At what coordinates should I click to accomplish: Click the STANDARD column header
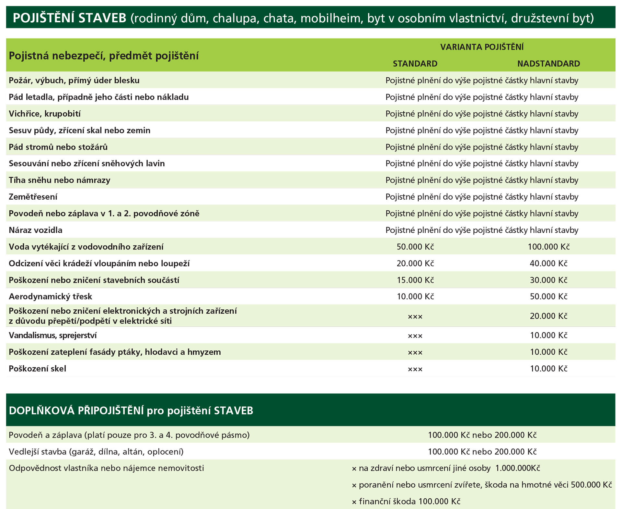pos(415,63)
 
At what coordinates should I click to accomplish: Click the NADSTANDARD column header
pos(548,63)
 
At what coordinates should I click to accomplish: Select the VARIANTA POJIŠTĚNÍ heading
pos(482,47)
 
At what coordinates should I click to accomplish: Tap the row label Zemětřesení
pos(33,197)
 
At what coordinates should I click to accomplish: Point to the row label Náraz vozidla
pos(36,230)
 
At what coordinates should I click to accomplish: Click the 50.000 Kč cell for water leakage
pos(415,247)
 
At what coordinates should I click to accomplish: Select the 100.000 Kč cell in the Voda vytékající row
pos(548,247)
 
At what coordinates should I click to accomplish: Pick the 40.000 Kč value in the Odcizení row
pos(548,263)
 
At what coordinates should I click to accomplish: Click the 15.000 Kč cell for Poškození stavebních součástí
pos(415,280)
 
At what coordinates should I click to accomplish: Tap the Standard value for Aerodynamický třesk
pos(415,296)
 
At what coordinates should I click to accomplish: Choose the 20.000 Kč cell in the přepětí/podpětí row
pos(548,316)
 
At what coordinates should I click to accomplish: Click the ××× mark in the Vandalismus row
pos(415,336)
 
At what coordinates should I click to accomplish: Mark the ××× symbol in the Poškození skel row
pos(415,369)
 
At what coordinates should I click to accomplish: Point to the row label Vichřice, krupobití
pos(45,114)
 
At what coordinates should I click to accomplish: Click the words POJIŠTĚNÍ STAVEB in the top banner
pos(69,18)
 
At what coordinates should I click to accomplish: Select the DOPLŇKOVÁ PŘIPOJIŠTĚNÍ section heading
pos(131,411)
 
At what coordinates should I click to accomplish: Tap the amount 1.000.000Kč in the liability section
pos(517,468)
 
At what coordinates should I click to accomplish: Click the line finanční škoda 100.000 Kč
pos(406,501)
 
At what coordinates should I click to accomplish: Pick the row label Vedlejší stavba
pos(96,451)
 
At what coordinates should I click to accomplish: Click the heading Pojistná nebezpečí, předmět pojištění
pos(104,56)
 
